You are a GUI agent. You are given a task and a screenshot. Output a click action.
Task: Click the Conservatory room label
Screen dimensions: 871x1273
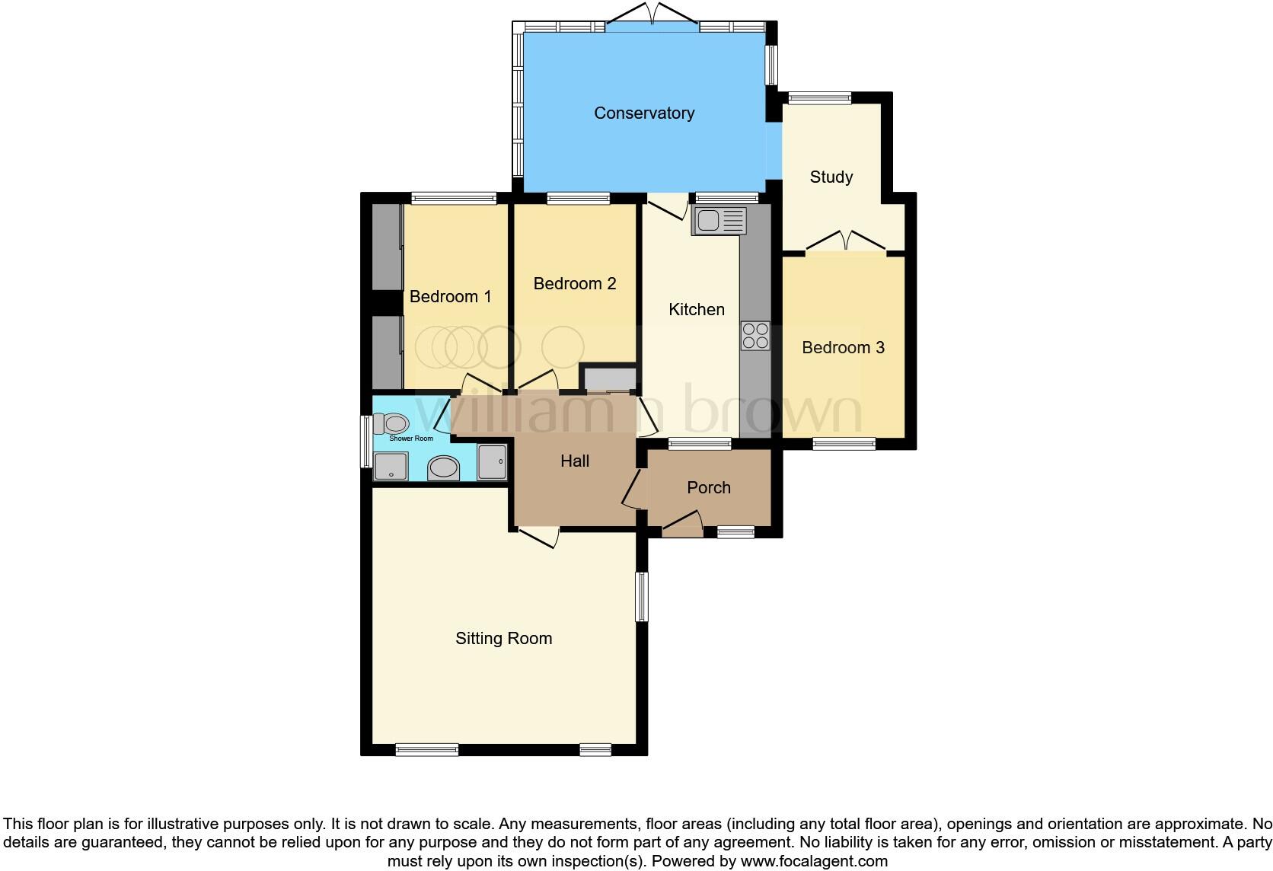coord(644,113)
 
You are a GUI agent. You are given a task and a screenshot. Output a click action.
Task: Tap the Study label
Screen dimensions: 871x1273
coord(831,177)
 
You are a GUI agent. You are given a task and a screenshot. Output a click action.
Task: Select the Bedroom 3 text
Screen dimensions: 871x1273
coord(843,348)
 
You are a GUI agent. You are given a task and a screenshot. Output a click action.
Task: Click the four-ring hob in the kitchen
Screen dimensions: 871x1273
coord(755,336)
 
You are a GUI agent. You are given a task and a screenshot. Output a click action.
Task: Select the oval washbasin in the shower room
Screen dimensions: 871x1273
coord(444,467)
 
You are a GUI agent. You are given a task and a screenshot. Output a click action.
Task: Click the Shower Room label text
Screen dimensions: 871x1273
coord(411,439)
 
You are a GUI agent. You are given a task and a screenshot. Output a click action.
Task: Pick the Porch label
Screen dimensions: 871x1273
coord(708,488)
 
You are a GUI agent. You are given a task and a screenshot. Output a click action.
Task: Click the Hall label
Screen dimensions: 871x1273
coord(575,461)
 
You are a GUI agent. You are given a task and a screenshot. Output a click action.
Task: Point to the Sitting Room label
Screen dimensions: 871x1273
coord(503,639)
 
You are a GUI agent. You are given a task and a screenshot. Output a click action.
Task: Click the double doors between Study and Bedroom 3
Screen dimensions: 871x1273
coord(845,240)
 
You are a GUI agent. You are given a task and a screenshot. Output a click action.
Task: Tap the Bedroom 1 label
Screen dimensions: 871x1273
coord(450,297)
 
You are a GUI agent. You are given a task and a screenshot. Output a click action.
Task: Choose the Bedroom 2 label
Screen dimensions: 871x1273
coord(574,284)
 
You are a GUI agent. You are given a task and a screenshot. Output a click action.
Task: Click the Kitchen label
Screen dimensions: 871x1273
coord(696,310)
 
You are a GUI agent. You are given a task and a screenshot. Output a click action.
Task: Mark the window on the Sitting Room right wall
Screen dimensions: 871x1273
coord(643,596)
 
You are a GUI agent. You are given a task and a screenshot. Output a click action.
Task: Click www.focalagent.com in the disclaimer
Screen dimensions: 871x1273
coord(814,862)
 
